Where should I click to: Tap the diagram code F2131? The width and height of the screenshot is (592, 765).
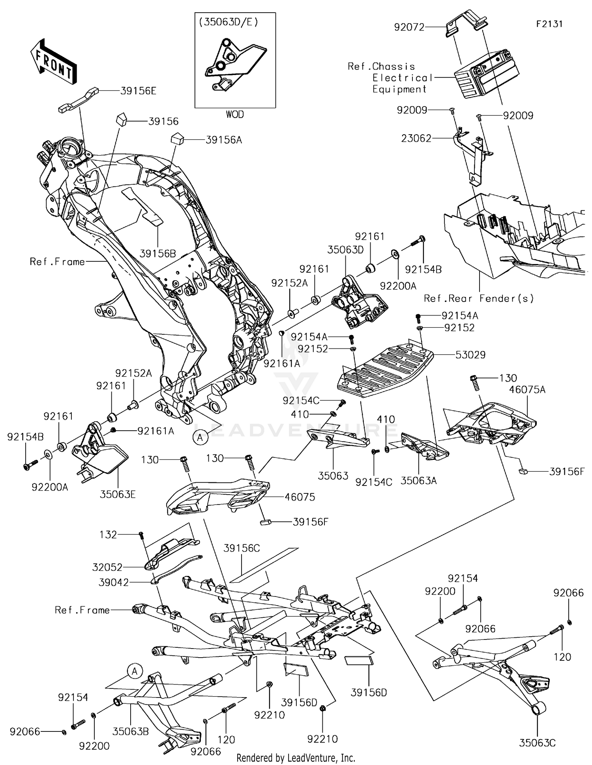coord(549,24)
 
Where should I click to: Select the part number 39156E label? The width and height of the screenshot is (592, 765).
coord(138,91)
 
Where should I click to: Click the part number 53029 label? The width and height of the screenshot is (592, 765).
coord(470,355)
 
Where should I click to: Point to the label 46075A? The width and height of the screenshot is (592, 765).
coord(527,390)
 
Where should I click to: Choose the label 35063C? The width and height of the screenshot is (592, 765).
coord(537,743)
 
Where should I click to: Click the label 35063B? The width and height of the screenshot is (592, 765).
coord(131,731)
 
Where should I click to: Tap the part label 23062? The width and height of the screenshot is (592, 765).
coord(416,139)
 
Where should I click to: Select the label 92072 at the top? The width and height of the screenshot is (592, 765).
coord(409,27)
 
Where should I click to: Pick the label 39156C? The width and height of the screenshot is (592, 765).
coord(242,548)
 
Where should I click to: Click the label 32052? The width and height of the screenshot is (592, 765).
coord(107,567)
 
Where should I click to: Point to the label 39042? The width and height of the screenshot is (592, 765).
coord(114,583)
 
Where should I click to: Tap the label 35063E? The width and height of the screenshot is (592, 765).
coord(118,494)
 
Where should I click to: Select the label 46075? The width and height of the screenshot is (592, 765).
coord(300,497)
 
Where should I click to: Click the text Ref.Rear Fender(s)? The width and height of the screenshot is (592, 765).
coord(479,298)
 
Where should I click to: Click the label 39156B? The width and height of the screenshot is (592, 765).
coord(158,253)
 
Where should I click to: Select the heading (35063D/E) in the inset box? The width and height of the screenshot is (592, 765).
coord(229,22)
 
